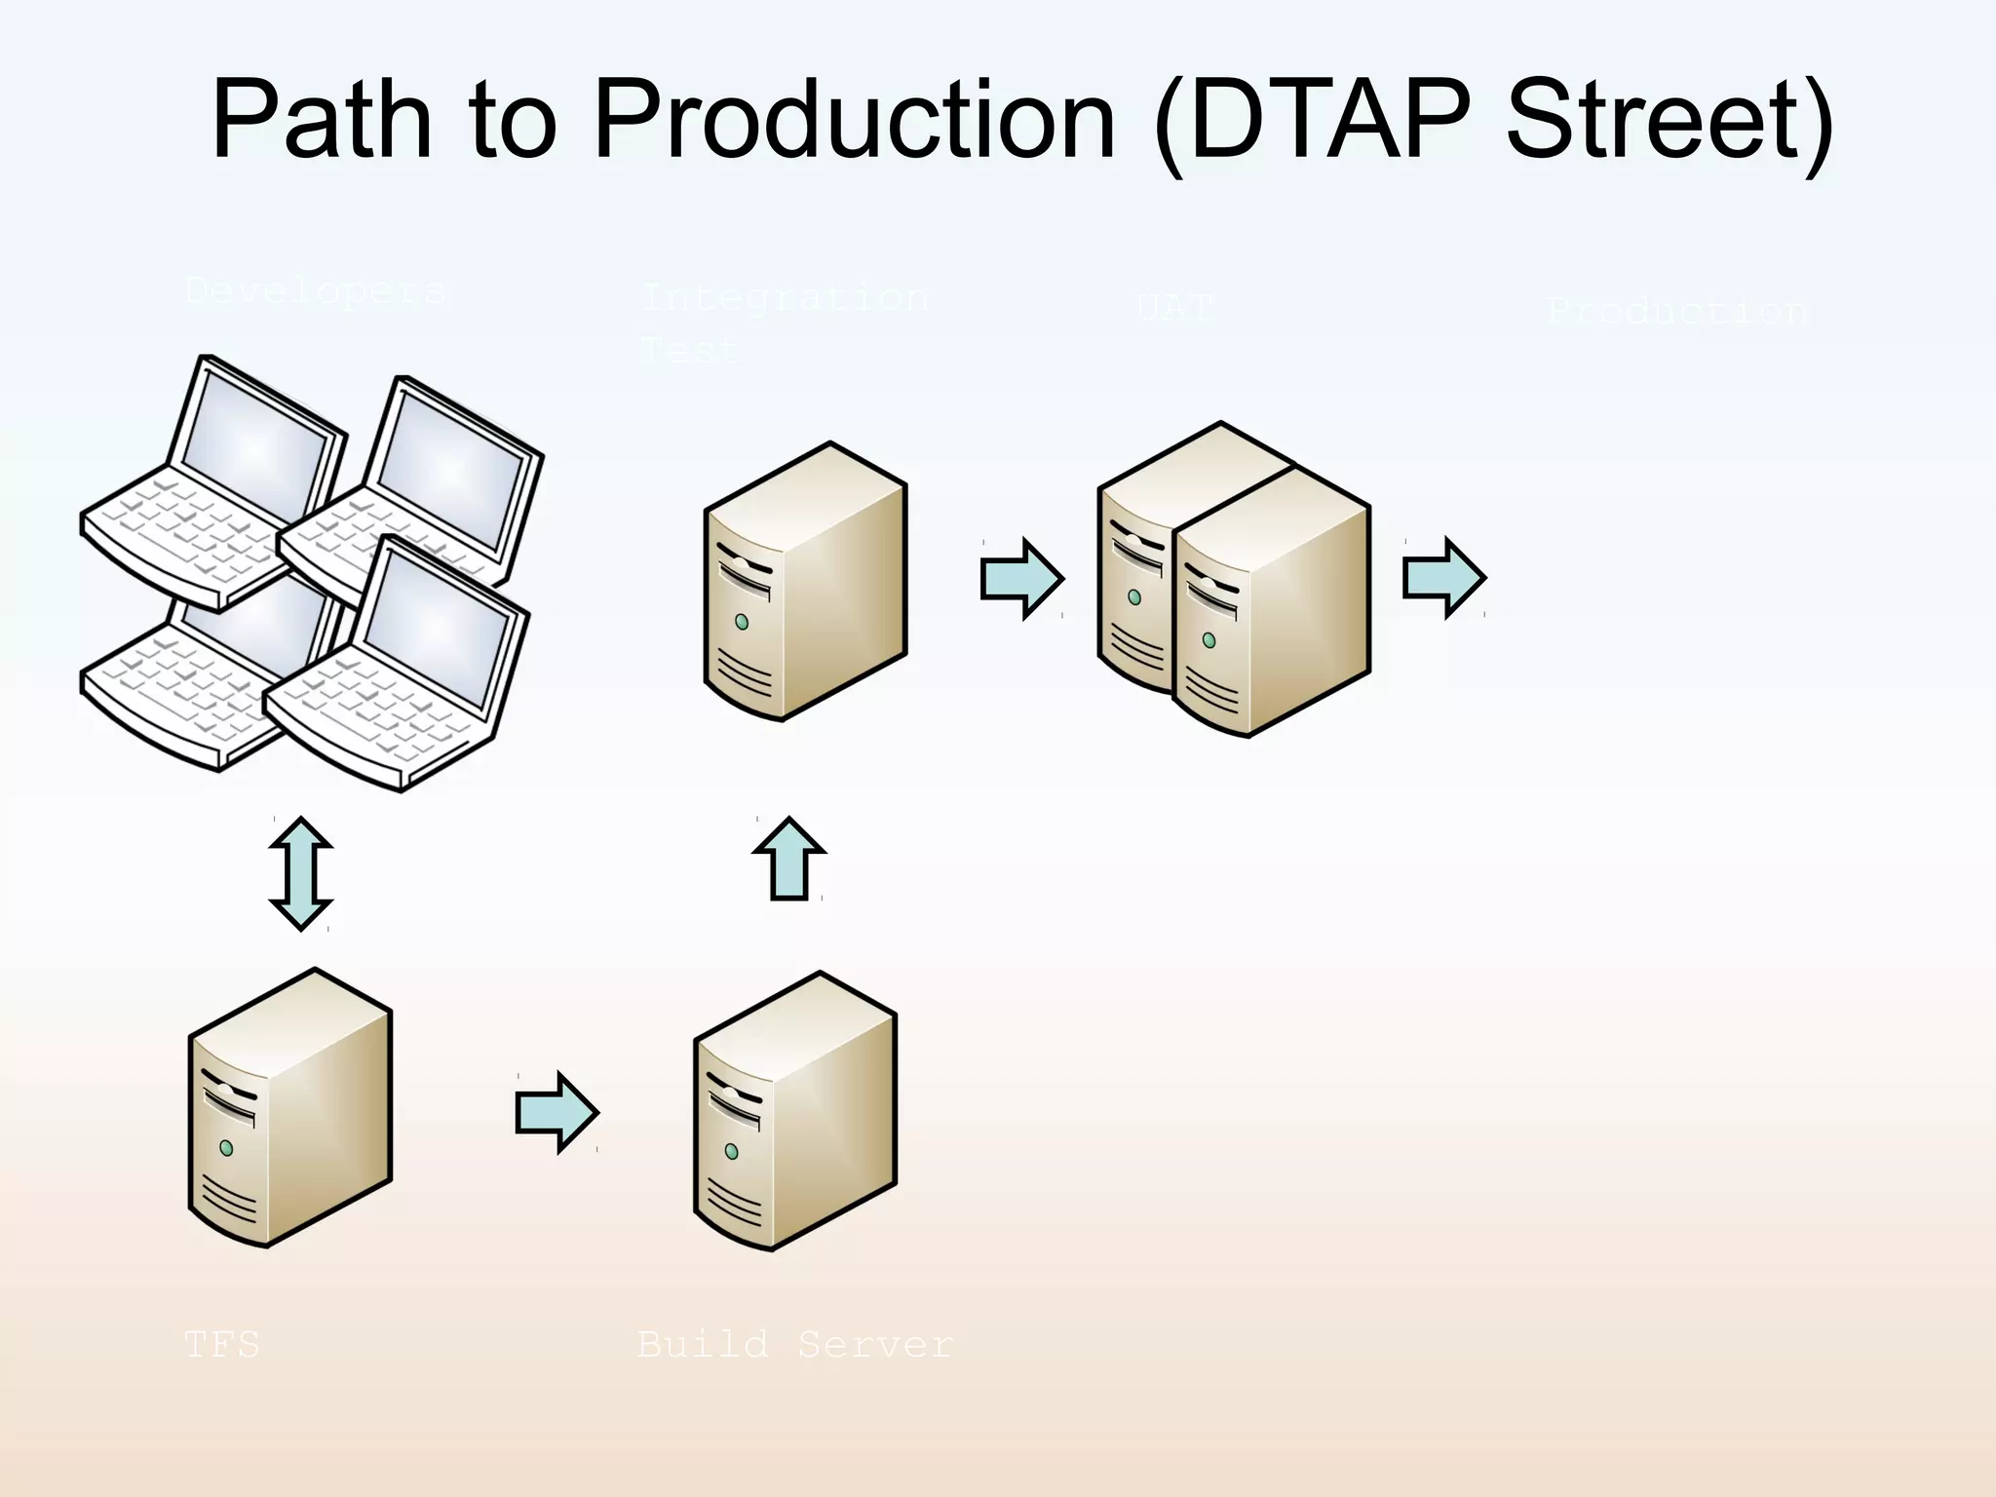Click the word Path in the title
coord(322,122)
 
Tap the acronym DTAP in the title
coord(1329,122)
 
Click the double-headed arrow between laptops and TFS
coord(301,873)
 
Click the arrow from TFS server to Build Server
coord(557,1112)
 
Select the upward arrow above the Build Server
coord(789,858)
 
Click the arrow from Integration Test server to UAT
coord(1021,578)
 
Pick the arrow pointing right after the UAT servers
coord(1443,578)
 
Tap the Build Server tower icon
coord(795,1111)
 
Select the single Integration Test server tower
coord(806,582)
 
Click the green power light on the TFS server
coord(226,1148)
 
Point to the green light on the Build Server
coord(732,1152)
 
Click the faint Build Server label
coord(794,1345)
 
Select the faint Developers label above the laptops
coord(315,290)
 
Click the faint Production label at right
coord(1677,312)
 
